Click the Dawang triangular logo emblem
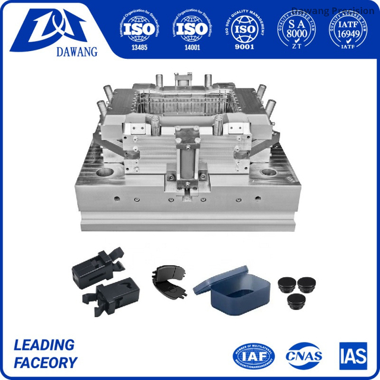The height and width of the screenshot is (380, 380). click(57, 24)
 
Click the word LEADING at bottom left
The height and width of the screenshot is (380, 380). click(44, 345)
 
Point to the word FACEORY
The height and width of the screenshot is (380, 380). click(46, 363)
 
